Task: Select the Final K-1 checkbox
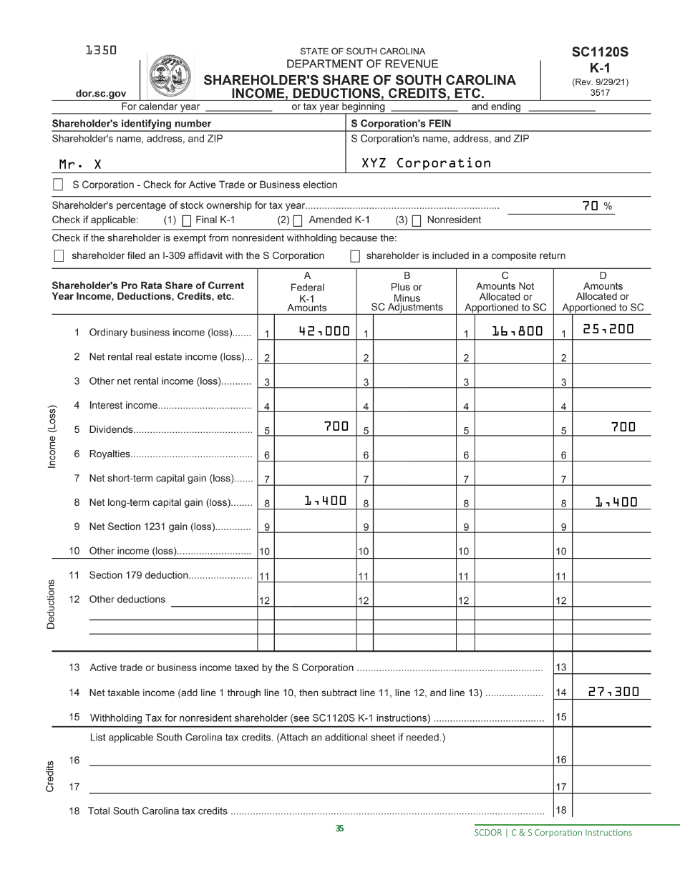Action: (187, 221)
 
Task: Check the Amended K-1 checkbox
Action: (298, 221)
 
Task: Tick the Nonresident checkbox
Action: (416, 221)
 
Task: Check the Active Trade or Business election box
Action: (59, 185)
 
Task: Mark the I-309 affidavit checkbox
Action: (59, 256)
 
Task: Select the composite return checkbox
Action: (355, 256)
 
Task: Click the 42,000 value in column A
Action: (324, 331)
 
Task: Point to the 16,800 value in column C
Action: (517, 331)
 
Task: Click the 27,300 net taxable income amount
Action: (613, 692)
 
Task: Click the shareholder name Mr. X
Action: (80, 165)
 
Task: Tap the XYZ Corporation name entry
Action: (426, 163)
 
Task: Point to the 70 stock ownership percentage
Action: (590, 205)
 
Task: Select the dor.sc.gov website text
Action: (101, 94)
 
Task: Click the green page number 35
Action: (339, 828)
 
